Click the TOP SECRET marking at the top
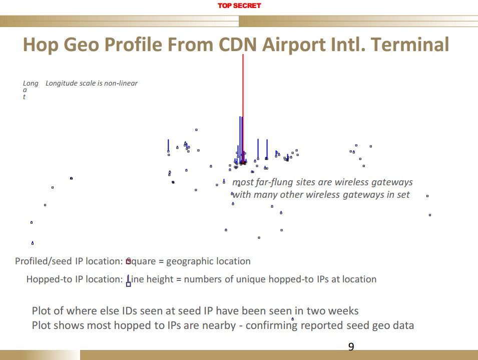tap(239, 6)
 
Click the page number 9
tap(351, 347)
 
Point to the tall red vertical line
tap(243, 100)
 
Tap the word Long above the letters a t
tap(31, 83)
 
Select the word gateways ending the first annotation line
tap(393, 182)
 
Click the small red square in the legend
tap(129, 261)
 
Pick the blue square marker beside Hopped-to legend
tap(129, 284)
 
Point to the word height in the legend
tap(160, 279)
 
